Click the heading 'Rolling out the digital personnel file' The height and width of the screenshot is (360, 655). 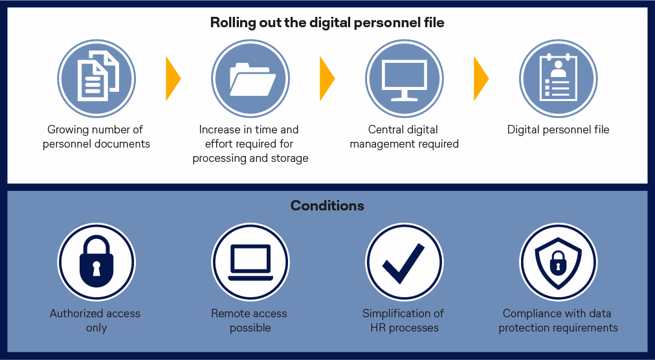click(327, 23)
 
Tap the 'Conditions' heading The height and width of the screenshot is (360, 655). click(327, 205)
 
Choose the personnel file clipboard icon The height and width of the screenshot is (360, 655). click(558, 78)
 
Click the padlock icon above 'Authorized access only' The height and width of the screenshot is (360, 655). click(96, 262)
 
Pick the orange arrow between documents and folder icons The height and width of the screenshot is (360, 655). click(173, 78)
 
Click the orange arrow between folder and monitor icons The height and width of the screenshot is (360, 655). click(327, 78)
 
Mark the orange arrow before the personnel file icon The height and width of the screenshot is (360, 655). click(481, 78)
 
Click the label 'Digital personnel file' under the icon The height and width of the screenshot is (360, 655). click(558, 129)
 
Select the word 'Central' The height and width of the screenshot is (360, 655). click(384, 129)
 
